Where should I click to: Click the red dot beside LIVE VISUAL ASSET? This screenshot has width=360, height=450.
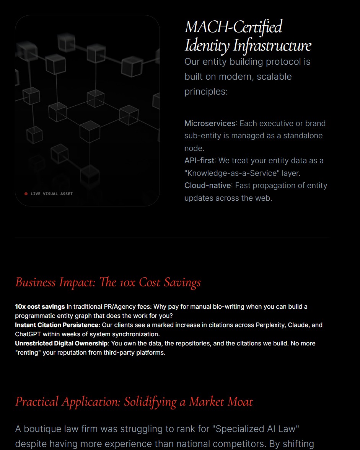[26, 194]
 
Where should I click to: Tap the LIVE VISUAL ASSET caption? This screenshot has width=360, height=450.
[52, 194]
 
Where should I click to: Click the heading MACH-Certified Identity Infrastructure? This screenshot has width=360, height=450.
[248, 36]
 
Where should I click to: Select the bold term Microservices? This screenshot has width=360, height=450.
[210, 123]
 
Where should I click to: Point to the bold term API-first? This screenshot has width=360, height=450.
[200, 160]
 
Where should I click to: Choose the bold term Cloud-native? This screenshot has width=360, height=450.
[208, 185]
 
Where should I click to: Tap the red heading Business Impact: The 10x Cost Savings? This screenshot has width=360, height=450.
[108, 282]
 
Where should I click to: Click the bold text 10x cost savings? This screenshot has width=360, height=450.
[40, 306]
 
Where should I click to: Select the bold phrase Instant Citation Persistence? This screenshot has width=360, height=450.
[57, 325]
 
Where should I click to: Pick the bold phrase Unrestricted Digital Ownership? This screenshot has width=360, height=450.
[61, 343]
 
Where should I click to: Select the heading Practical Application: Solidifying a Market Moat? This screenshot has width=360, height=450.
[134, 402]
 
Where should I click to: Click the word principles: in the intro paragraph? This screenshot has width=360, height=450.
[206, 92]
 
